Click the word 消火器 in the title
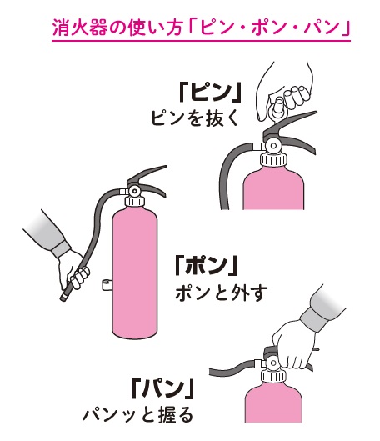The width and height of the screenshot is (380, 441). pyautogui.click(x=79, y=28)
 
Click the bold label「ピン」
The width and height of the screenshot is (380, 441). pyautogui.click(x=210, y=93)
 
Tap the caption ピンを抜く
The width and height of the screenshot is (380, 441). pyautogui.click(x=195, y=118)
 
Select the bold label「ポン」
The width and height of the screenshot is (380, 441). pyautogui.click(x=206, y=265)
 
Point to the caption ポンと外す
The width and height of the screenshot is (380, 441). pyautogui.click(x=221, y=294)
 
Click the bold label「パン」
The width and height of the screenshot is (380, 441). pyautogui.click(x=163, y=388)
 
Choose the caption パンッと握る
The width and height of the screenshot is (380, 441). pyautogui.click(x=137, y=415)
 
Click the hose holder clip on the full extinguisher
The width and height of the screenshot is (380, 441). pyautogui.click(x=107, y=284)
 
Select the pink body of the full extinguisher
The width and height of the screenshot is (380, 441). pyautogui.click(x=135, y=272)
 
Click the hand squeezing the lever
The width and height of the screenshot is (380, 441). pyautogui.click(x=295, y=348)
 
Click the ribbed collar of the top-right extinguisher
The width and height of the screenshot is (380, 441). pyautogui.click(x=274, y=160)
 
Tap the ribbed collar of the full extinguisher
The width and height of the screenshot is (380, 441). pyautogui.click(x=135, y=202)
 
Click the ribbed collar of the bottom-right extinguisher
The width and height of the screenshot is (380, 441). pyautogui.click(x=273, y=376)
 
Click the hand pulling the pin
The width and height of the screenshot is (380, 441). pyautogui.click(x=284, y=90)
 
